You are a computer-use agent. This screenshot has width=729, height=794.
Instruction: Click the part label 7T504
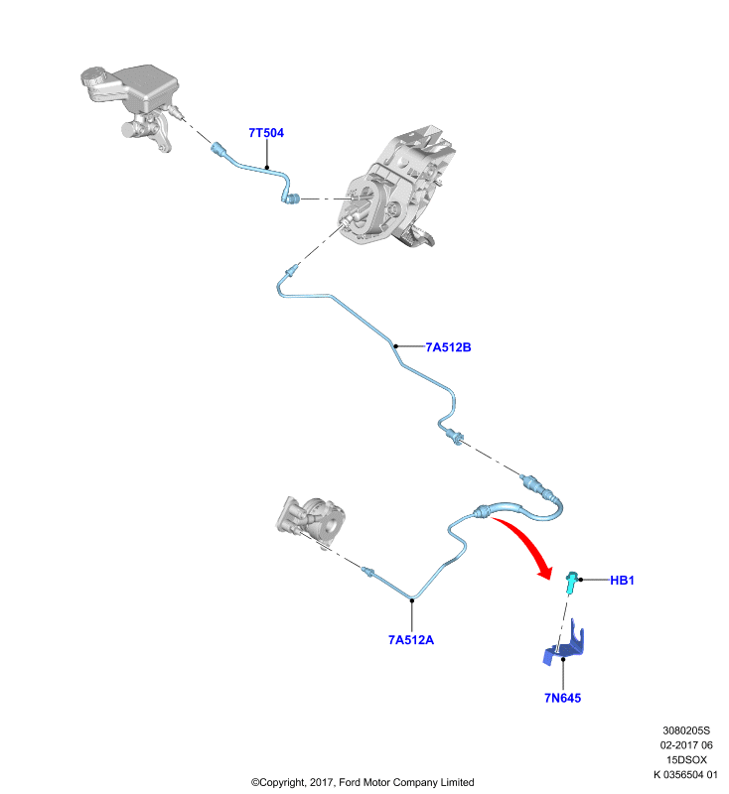tap(266, 133)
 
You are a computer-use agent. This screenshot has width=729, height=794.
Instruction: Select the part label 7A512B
tap(448, 347)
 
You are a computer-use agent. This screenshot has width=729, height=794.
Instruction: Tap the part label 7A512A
tap(411, 640)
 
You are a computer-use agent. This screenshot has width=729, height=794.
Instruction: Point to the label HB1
tap(622, 581)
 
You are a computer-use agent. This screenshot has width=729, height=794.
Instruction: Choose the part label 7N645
tap(562, 698)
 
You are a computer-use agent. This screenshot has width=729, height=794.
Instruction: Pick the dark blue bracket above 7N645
tap(564, 643)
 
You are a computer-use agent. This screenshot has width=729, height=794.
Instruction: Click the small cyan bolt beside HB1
tap(571, 582)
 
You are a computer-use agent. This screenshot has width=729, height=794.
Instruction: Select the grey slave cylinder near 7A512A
tap(312, 522)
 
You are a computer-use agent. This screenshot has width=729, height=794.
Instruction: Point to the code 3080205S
tap(686, 730)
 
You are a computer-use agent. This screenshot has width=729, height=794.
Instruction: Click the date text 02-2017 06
tap(686, 745)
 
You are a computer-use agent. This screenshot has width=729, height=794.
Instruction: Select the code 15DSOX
tap(686, 759)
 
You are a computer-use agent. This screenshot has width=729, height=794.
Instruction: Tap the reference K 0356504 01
tap(685, 774)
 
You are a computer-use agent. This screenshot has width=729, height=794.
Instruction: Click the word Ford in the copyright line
tap(350, 782)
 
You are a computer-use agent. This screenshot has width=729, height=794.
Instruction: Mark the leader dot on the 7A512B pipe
tap(395, 346)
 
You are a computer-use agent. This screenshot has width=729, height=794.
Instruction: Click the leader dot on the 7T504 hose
tap(266, 167)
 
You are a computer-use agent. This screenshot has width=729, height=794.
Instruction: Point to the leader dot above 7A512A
tap(412, 600)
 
